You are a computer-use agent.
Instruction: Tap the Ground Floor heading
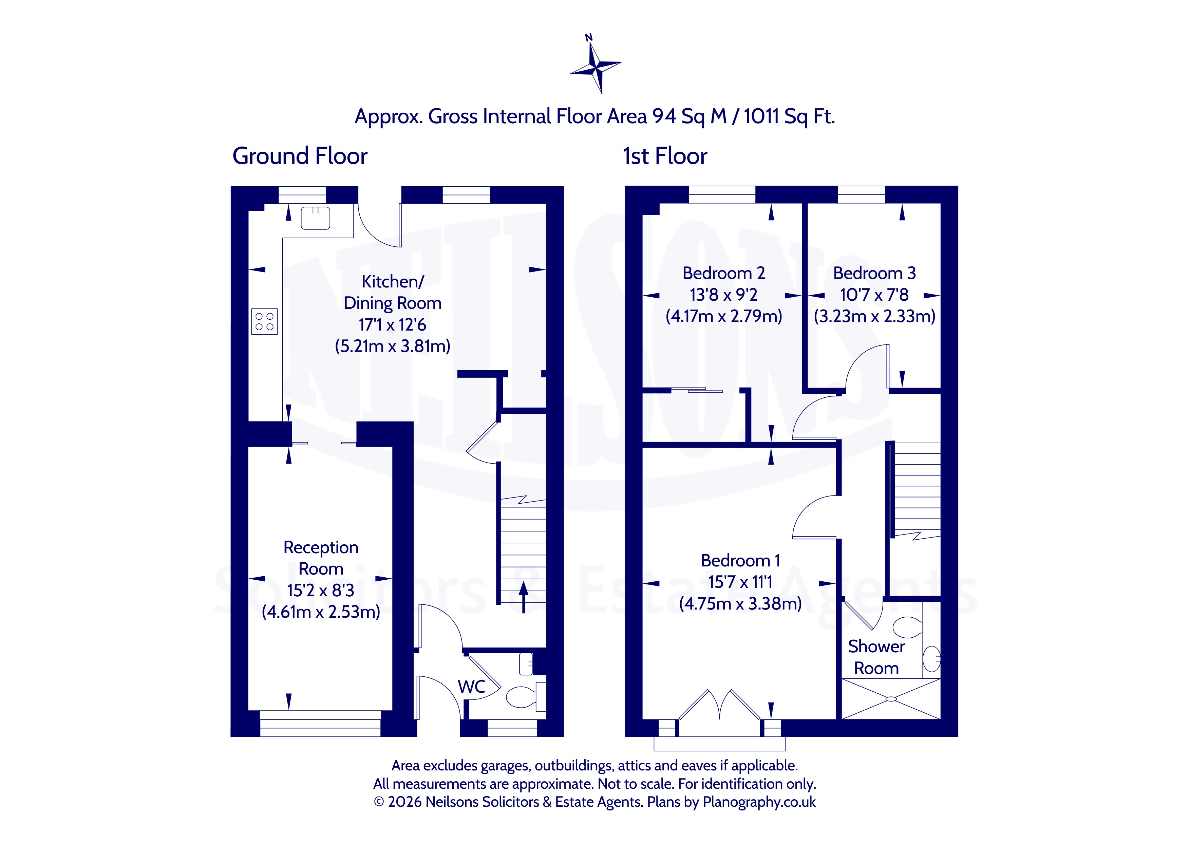tap(300, 156)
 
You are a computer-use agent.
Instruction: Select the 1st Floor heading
tap(665, 156)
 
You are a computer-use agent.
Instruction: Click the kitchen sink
tap(315, 218)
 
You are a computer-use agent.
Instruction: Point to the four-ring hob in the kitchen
tap(264, 321)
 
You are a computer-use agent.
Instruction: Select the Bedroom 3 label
tap(874, 273)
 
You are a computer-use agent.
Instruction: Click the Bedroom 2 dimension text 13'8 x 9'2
tap(723, 295)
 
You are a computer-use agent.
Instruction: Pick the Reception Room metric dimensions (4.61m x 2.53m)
tap(321, 612)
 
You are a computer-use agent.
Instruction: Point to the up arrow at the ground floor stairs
tap(524, 597)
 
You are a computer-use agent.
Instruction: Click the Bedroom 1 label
tap(740, 560)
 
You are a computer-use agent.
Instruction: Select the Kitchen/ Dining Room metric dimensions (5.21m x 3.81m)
tap(392, 346)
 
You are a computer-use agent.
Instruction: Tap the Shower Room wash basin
tap(932, 659)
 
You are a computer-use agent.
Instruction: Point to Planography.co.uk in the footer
tap(759, 802)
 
